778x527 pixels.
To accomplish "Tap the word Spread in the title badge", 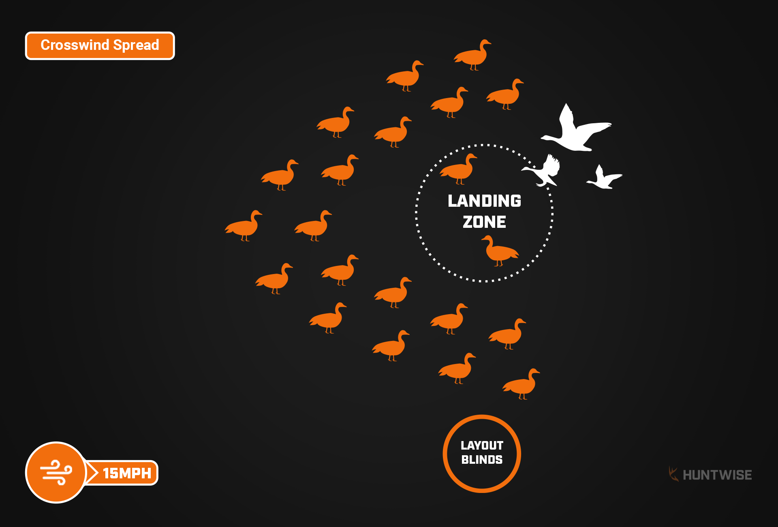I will [136, 45].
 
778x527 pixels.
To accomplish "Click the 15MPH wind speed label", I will [127, 473].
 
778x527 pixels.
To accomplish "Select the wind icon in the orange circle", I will [56, 472].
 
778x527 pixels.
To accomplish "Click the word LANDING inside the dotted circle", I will [484, 201].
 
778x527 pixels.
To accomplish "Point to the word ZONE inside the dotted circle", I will [484, 222].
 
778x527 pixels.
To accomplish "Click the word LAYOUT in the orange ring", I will [482, 446].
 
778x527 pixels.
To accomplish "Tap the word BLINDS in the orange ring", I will [482, 460].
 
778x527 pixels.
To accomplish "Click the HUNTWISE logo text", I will [717, 475].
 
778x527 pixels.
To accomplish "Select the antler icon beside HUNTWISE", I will [673, 474].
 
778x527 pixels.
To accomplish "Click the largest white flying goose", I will [575, 132].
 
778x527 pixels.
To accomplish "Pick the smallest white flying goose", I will [604, 178].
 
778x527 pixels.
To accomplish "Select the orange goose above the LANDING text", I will [459, 169].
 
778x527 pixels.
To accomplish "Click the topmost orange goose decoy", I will [472, 55].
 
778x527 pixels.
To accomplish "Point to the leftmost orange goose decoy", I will [244, 226].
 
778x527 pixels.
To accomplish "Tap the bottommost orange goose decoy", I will [521, 384].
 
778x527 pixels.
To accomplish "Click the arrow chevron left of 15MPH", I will [93, 473].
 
